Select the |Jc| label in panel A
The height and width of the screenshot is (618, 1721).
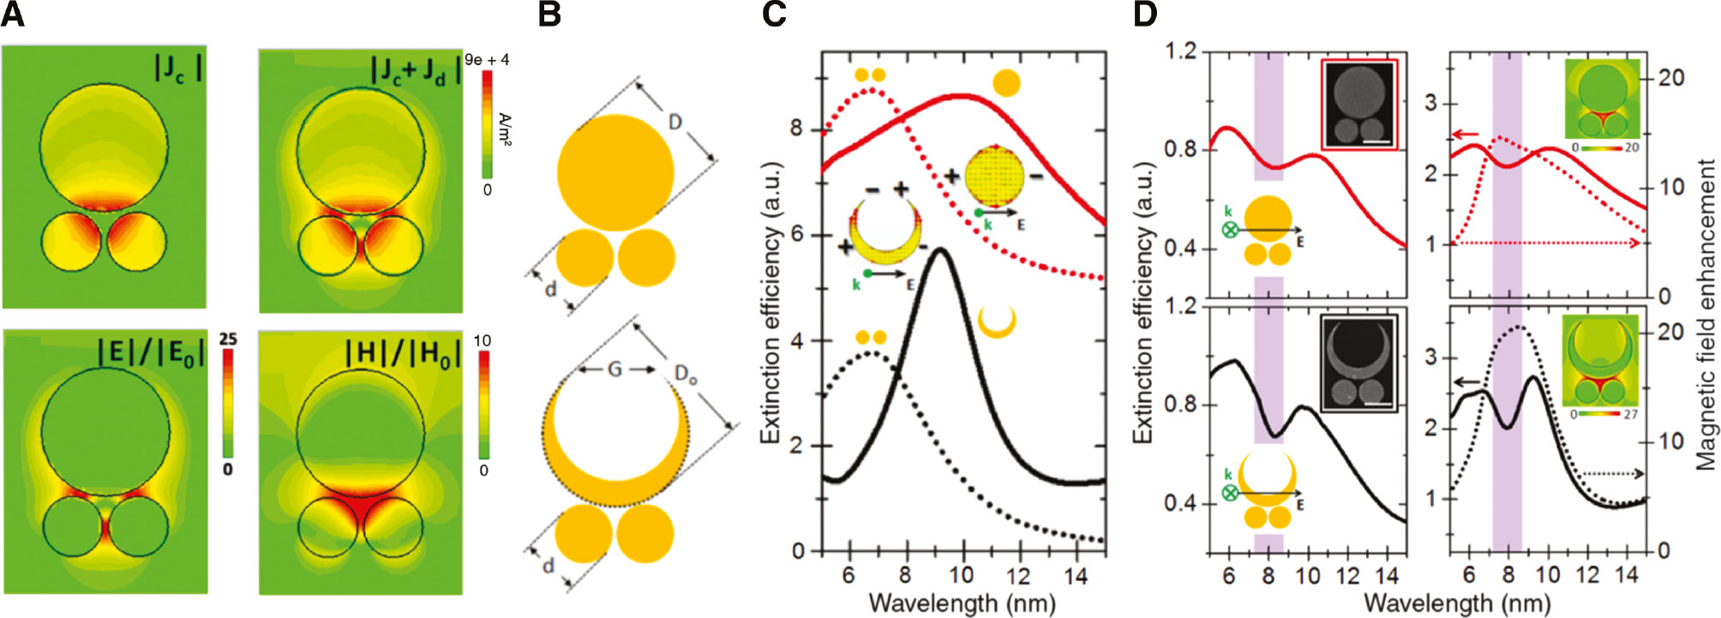point(177,68)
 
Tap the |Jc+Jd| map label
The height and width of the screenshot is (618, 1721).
point(414,69)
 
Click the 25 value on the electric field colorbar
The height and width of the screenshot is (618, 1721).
point(227,339)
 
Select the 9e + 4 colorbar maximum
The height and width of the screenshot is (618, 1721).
point(487,60)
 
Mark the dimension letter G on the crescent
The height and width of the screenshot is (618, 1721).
point(615,370)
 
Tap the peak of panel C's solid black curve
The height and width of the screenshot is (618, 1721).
point(941,250)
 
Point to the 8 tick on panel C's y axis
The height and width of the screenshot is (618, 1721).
point(796,129)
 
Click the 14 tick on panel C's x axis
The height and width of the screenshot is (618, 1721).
point(1076,575)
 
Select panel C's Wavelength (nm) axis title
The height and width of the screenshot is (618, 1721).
point(962,602)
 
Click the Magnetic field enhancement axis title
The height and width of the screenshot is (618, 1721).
point(1706,314)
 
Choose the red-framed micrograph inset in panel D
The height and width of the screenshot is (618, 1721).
point(1359,105)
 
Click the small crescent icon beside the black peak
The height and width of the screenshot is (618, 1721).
point(997,321)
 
